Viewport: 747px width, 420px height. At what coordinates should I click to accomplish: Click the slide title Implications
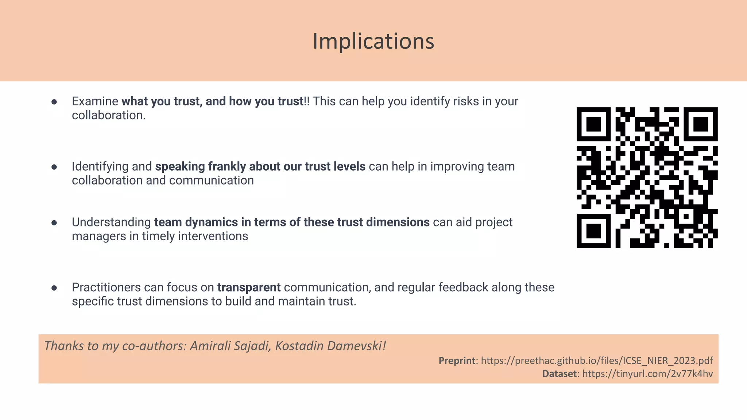[373, 41]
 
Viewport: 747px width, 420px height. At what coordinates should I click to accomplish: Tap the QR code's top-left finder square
[593, 124]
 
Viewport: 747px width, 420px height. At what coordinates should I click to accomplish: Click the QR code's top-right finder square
[700, 124]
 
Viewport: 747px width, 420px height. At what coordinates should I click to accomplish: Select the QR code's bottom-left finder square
[593, 231]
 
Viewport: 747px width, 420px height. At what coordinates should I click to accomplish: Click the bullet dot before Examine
[54, 102]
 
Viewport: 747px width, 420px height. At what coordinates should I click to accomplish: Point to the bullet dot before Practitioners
[54, 288]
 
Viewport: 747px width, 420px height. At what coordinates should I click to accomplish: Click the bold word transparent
[249, 287]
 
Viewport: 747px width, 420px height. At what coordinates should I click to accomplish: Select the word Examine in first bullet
[95, 101]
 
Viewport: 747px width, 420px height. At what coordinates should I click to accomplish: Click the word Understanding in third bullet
[111, 222]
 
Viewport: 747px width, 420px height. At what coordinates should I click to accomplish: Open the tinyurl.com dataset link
[647, 374]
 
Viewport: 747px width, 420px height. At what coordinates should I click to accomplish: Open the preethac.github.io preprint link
[597, 361]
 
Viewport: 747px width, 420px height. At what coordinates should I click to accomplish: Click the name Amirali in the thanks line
[210, 346]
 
